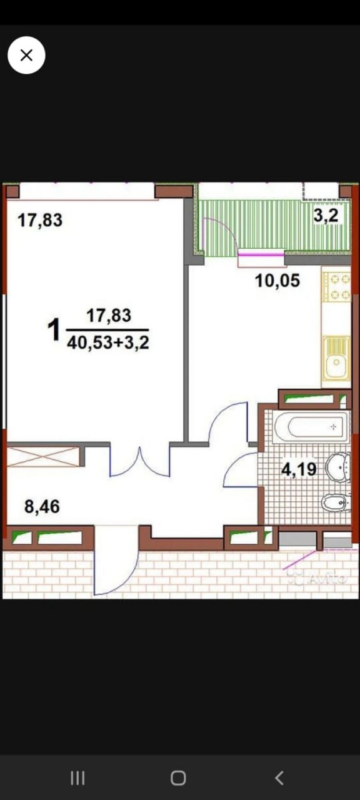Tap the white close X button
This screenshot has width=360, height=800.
[26, 56]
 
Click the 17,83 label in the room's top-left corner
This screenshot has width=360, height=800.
[40, 220]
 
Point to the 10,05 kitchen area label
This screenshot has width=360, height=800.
[277, 281]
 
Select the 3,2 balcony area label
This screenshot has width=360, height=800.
[326, 216]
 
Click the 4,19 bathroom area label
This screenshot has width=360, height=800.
[299, 469]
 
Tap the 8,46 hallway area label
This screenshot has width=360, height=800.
[42, 506]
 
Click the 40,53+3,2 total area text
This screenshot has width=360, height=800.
[108, 343]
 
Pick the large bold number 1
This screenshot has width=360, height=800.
[54, 330]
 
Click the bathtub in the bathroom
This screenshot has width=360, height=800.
[311, 426]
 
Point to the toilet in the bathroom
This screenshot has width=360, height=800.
[336, 502]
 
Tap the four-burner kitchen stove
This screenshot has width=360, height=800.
[336, 287]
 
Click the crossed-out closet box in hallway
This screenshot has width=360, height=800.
[43, 456]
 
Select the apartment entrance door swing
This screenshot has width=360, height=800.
[116, 560]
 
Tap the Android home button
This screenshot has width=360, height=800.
[178, 778]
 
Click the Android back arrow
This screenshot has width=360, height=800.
[279, 778]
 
